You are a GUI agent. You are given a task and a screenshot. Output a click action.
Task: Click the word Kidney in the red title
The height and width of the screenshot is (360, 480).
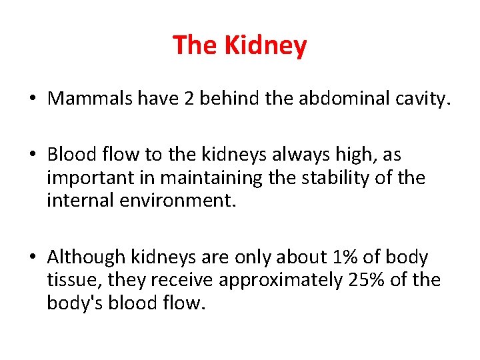[265, 45]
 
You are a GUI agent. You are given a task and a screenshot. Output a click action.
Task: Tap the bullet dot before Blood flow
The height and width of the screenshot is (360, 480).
[31, 155]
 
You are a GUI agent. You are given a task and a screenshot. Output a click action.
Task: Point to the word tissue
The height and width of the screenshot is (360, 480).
[69, 280]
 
